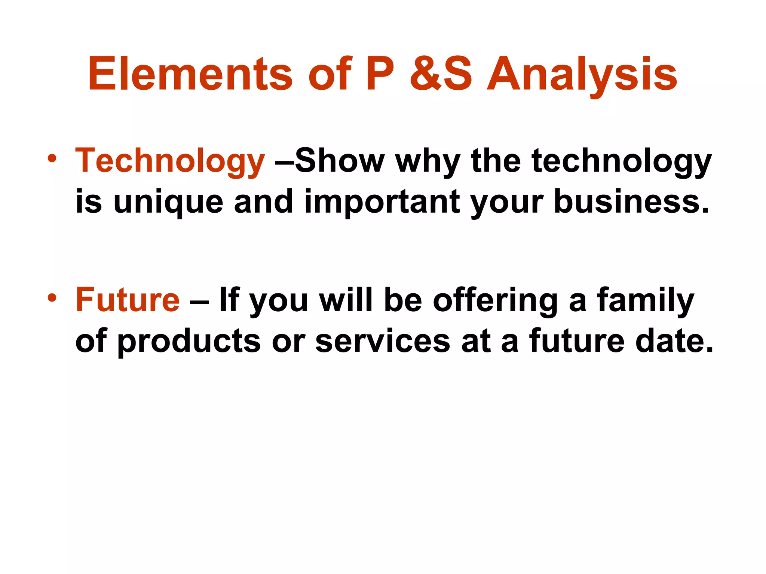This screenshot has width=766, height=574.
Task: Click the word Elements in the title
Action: tap(190, 74)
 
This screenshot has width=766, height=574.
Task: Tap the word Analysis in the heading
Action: tap(582, 74)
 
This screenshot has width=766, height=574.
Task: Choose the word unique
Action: tap(168, 202)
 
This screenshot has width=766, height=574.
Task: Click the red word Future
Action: tap(128, 300)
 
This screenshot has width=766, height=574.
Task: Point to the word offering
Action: tap(495, 300)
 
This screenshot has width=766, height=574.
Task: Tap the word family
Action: tap(646, 300)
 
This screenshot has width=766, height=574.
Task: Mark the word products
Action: tap(189, 342)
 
